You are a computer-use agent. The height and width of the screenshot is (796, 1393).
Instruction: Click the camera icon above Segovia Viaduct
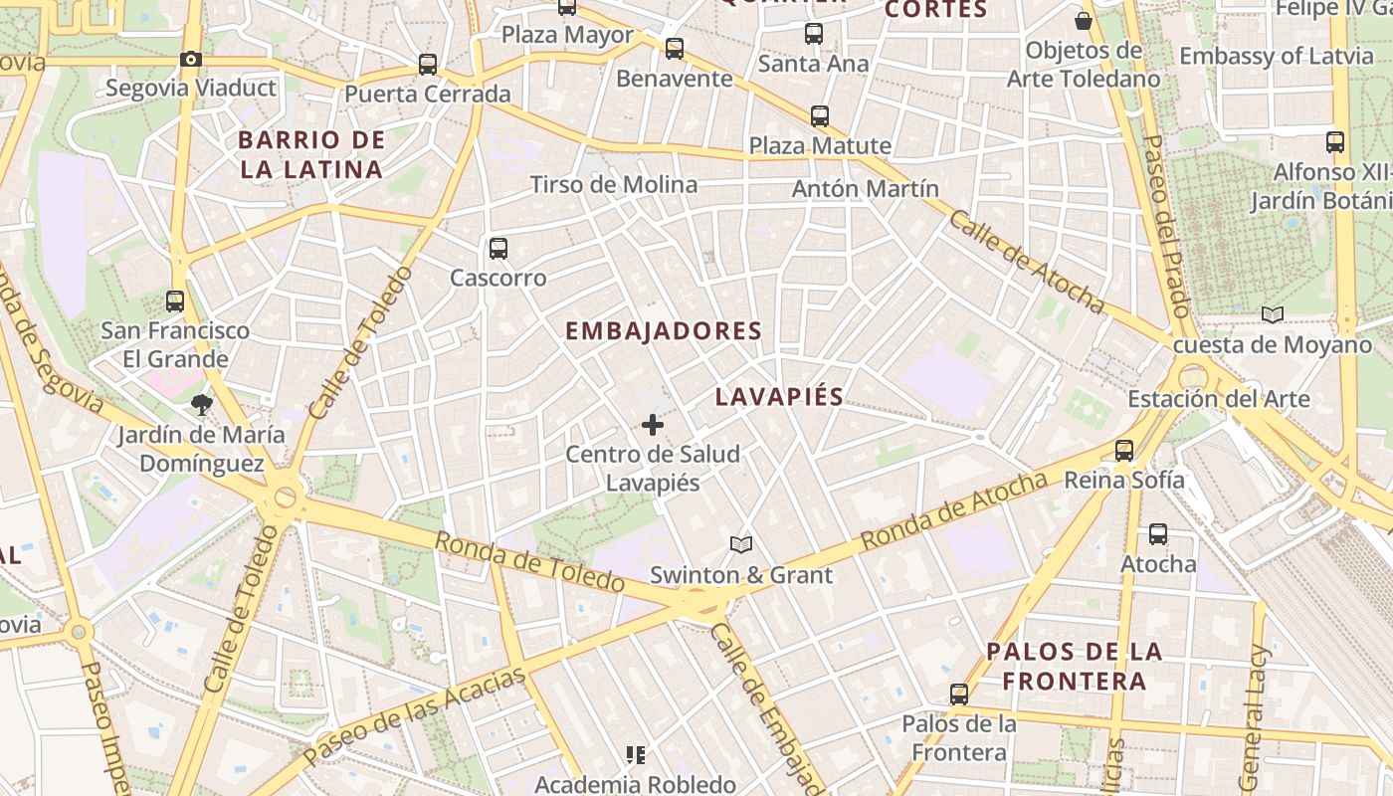point(191,60)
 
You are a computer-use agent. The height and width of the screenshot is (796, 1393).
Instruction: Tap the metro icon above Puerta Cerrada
point(428,65)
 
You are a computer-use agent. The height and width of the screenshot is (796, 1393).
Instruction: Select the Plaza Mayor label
point(567,35)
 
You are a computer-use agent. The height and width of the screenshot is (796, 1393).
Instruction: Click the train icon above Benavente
point(675,49)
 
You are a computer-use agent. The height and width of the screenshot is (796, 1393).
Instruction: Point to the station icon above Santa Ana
point(814,34)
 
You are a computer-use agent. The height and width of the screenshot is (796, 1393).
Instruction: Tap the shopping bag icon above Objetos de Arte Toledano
point(1084,20)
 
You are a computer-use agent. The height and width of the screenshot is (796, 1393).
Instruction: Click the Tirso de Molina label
point(614,184)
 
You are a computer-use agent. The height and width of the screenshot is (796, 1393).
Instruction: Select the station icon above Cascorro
point(498,249)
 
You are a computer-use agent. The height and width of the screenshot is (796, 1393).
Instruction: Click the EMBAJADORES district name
point(664,331)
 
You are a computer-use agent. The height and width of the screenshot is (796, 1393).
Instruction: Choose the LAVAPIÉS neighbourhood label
point(779,397)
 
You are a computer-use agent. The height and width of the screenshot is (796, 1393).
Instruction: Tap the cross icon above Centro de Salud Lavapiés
point(653,426)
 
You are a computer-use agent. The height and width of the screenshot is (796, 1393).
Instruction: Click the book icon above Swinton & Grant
point(740,544)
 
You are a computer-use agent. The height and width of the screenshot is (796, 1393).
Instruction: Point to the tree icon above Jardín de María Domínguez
point(202,405)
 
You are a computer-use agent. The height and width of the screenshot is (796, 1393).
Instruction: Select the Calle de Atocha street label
point(1026,262)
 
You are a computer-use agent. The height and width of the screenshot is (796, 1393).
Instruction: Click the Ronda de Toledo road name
point(530,562)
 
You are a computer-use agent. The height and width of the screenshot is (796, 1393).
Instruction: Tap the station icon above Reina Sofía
point(1124,451)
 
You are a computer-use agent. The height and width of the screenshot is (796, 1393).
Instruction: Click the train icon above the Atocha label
point(1158,534)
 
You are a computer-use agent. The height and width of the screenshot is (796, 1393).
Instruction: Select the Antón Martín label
point(866,188)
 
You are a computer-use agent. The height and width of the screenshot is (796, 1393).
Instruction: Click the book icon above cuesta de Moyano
point(1273,315)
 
